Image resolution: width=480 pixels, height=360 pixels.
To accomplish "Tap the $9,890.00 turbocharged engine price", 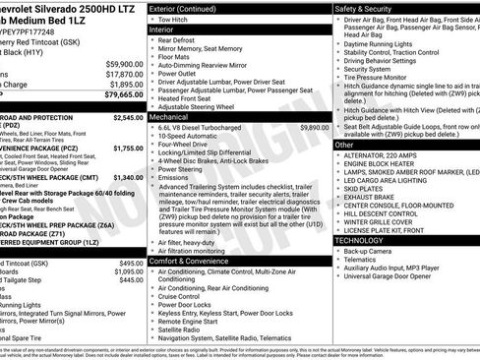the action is [x=314, y=127].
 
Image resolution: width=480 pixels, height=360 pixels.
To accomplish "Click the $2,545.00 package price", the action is [x=129, y=117].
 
